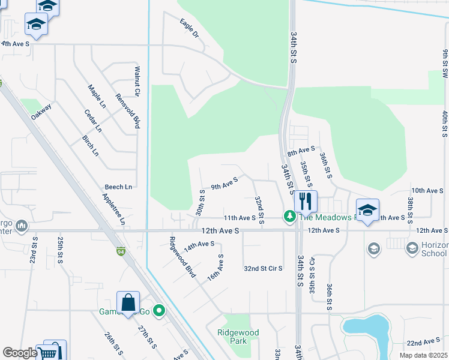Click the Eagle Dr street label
click(188, 28)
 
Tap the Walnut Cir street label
click(137, 82)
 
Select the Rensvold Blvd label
click(128, 112)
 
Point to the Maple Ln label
click(97, 97)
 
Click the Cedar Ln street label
click(93, 121)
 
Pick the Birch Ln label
click(90, 145)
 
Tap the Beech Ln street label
click(118, 187)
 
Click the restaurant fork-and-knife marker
click(306, 202)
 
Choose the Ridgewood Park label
click(238, 337)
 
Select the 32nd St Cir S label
click(263, 268)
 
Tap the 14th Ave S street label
click(199, 245)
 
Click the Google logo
click(20, 353)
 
